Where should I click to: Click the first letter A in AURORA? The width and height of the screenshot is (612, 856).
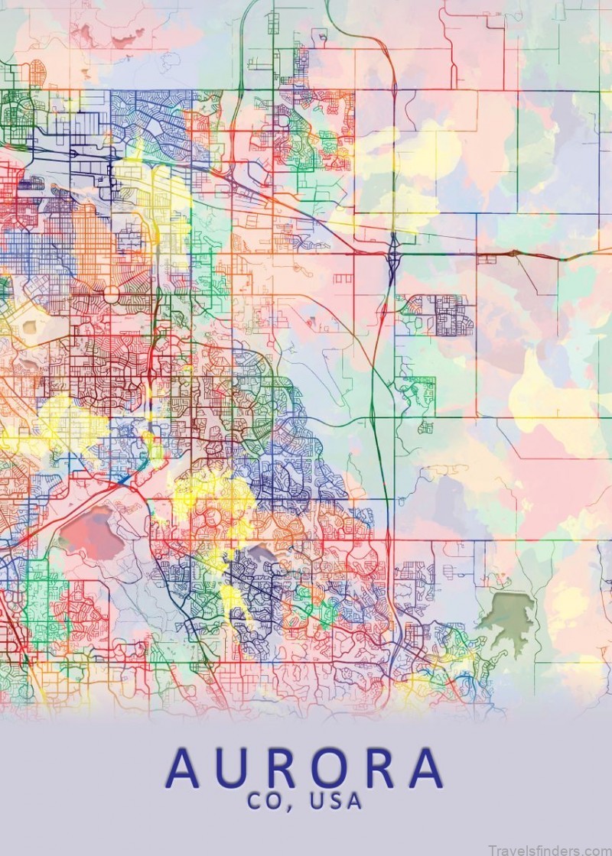pos(187,769)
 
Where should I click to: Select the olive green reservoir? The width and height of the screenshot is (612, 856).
pos(506,614)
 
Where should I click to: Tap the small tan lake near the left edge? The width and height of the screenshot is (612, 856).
pos(31,327)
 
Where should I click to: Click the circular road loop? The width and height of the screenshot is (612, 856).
pos(112,294)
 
